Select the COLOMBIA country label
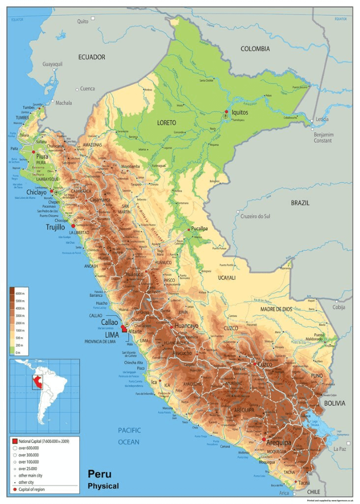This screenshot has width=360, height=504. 255,49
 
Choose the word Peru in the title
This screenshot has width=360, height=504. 99,474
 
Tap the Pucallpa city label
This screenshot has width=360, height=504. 203,228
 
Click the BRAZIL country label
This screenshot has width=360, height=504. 300,203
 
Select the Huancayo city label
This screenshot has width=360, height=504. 186,325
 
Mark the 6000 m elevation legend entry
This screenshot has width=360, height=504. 20,293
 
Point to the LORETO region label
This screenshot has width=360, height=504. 166,122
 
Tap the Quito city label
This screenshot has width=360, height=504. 83,21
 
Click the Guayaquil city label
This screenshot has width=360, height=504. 53,64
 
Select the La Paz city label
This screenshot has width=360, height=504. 339,449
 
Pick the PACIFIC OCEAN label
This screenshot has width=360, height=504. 129,436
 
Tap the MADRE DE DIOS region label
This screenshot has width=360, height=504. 276,309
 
